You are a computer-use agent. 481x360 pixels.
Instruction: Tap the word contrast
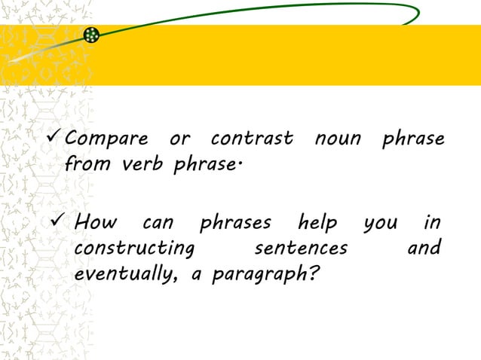pyautogui.click(x=251, y=140)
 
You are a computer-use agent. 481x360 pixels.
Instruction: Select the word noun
pyautogui.click(x=338, y=140)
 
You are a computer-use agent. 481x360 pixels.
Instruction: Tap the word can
pyautogui.click(x=157, y=224)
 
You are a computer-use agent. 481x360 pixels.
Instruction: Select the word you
pyautogui.click(x=380, y=225)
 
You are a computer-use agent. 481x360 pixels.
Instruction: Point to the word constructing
pyautogui.click(x=134, y=249)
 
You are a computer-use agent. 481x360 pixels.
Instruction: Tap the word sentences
pyautogui.click(x=301, y=249)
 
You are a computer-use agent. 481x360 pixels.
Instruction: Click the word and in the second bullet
pyautogui.click(x=424, y=248)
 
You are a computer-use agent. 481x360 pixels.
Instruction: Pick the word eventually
pyautogui.click(x=126, y=273)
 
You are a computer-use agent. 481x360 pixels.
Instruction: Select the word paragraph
pyautogui.click(x=257, y=274)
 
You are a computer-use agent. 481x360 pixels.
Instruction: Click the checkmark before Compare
pyautogui.click(x=54, y=139)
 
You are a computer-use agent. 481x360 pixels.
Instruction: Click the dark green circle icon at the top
pyautogui.click(x=91, y=35)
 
